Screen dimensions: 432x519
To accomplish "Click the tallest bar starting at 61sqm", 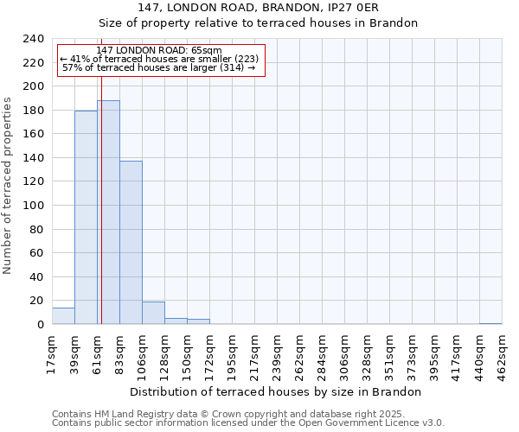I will [x=108, y=213].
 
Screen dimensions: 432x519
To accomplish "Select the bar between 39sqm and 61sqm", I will [x=86, y=218].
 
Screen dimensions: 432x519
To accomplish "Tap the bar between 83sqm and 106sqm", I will [x=131, y=243].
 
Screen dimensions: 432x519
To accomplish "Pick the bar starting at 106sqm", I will [x=153, y=313].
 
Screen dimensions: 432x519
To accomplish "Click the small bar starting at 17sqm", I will [x=63, y=316].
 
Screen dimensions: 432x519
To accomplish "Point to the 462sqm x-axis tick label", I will [x=503, y=353].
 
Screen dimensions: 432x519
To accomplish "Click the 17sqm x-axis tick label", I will [x=53, y=353].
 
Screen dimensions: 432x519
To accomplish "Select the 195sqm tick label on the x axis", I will [x=233, y=353].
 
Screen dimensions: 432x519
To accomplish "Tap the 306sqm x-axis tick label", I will [x=345, y=353].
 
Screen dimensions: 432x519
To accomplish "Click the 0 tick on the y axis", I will [x=41, y=325].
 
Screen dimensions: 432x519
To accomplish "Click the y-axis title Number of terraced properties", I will [x=9, y=186].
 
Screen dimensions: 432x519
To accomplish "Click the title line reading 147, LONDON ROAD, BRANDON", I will [x=259, y=8].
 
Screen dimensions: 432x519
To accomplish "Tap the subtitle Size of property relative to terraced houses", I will [x=259, y=23].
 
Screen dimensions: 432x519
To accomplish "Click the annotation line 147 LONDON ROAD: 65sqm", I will [x=159, y=51].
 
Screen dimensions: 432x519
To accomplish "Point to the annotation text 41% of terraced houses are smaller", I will [x=159, y=59].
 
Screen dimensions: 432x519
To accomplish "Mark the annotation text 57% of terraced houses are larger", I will [x=159, y=67].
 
